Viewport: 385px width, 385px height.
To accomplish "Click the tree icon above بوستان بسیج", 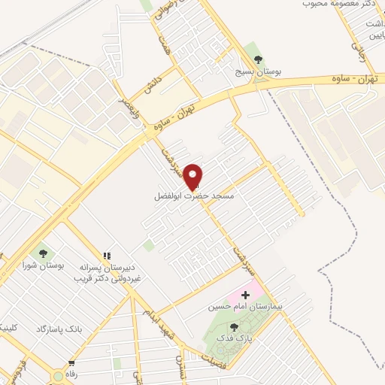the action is pos(258,59).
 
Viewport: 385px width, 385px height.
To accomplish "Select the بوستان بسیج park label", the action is pos(258,71).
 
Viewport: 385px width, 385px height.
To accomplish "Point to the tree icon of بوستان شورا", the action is pos(39,253).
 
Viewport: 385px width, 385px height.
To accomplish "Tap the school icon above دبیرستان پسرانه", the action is pos(108,256).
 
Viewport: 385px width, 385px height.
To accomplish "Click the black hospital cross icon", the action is pos(244,295).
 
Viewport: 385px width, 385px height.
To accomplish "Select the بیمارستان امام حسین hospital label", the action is pos(244,308).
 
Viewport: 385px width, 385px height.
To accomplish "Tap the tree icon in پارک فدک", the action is pos(233,327).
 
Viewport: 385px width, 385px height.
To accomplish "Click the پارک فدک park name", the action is pos(233,339).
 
